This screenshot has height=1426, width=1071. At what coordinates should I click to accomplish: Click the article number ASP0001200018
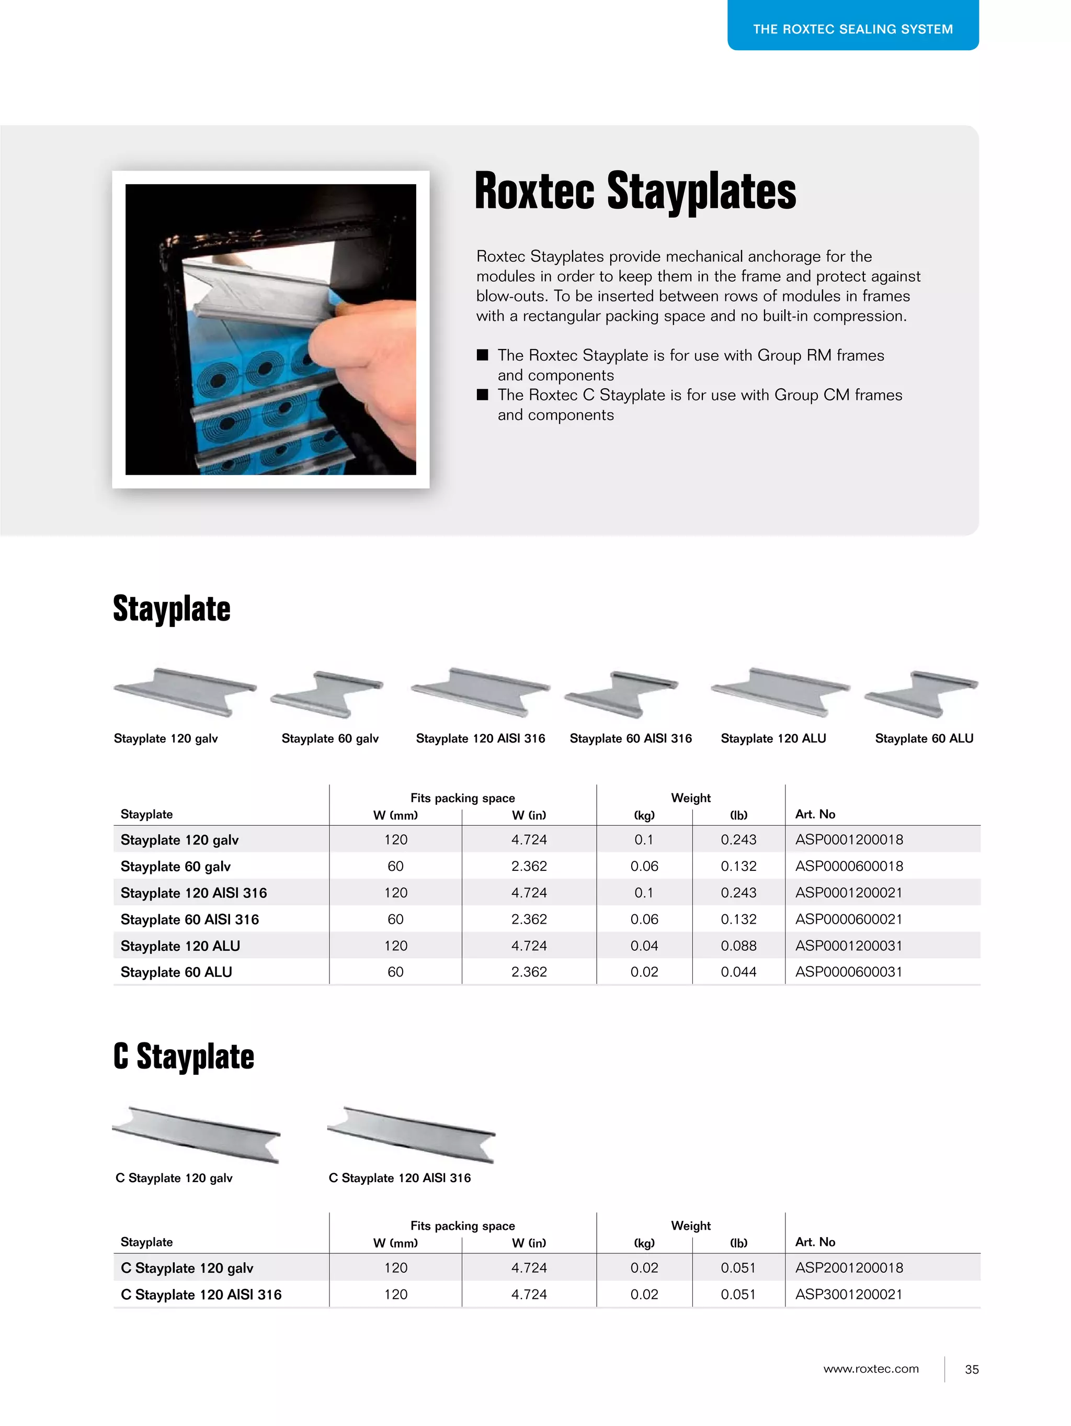point(849,839)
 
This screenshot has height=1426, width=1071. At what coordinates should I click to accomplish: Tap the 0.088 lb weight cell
point(738,946)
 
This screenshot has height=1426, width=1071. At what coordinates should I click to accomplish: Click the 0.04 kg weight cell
point(644,946)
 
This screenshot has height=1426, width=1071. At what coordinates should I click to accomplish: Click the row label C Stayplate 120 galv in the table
point(187,1268)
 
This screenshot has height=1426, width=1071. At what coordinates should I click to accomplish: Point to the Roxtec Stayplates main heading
point(635,192)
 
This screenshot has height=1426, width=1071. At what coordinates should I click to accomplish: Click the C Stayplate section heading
point(184,1057)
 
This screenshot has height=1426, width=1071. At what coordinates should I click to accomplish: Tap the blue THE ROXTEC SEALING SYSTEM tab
point(852,28)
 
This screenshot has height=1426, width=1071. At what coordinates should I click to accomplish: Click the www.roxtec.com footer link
point(871,1368)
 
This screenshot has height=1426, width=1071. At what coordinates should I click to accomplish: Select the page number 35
point(972,1369)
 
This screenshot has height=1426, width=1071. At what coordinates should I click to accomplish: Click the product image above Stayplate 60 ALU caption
point(922,694)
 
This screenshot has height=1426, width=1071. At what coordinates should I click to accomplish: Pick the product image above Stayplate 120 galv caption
point(185,692)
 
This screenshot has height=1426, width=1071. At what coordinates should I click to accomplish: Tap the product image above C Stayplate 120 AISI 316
point(411,1135)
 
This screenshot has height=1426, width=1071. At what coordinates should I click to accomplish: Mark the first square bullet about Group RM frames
point(483,355)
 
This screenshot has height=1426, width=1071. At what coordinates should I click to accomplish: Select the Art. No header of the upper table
point(815,814)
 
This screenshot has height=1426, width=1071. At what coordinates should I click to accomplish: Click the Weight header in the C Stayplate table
point(691,1226)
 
